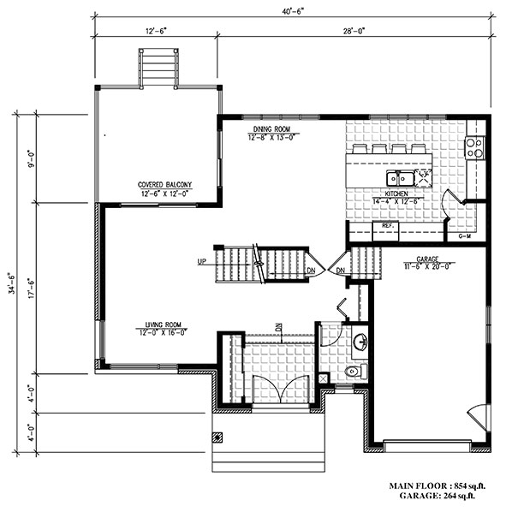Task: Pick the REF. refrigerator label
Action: pyautogui.click(x=387, y=226)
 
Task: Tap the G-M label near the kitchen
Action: pyautogui.click(x=465, y=235)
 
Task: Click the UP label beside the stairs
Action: pyautogui.click(x=204, y=262)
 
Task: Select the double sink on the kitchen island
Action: pyautogui.click(x=399, y=178)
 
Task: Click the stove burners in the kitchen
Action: pyautogui.click(x=473, y=147)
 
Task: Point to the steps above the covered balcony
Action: pyautogui.click(x=158, y=68)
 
